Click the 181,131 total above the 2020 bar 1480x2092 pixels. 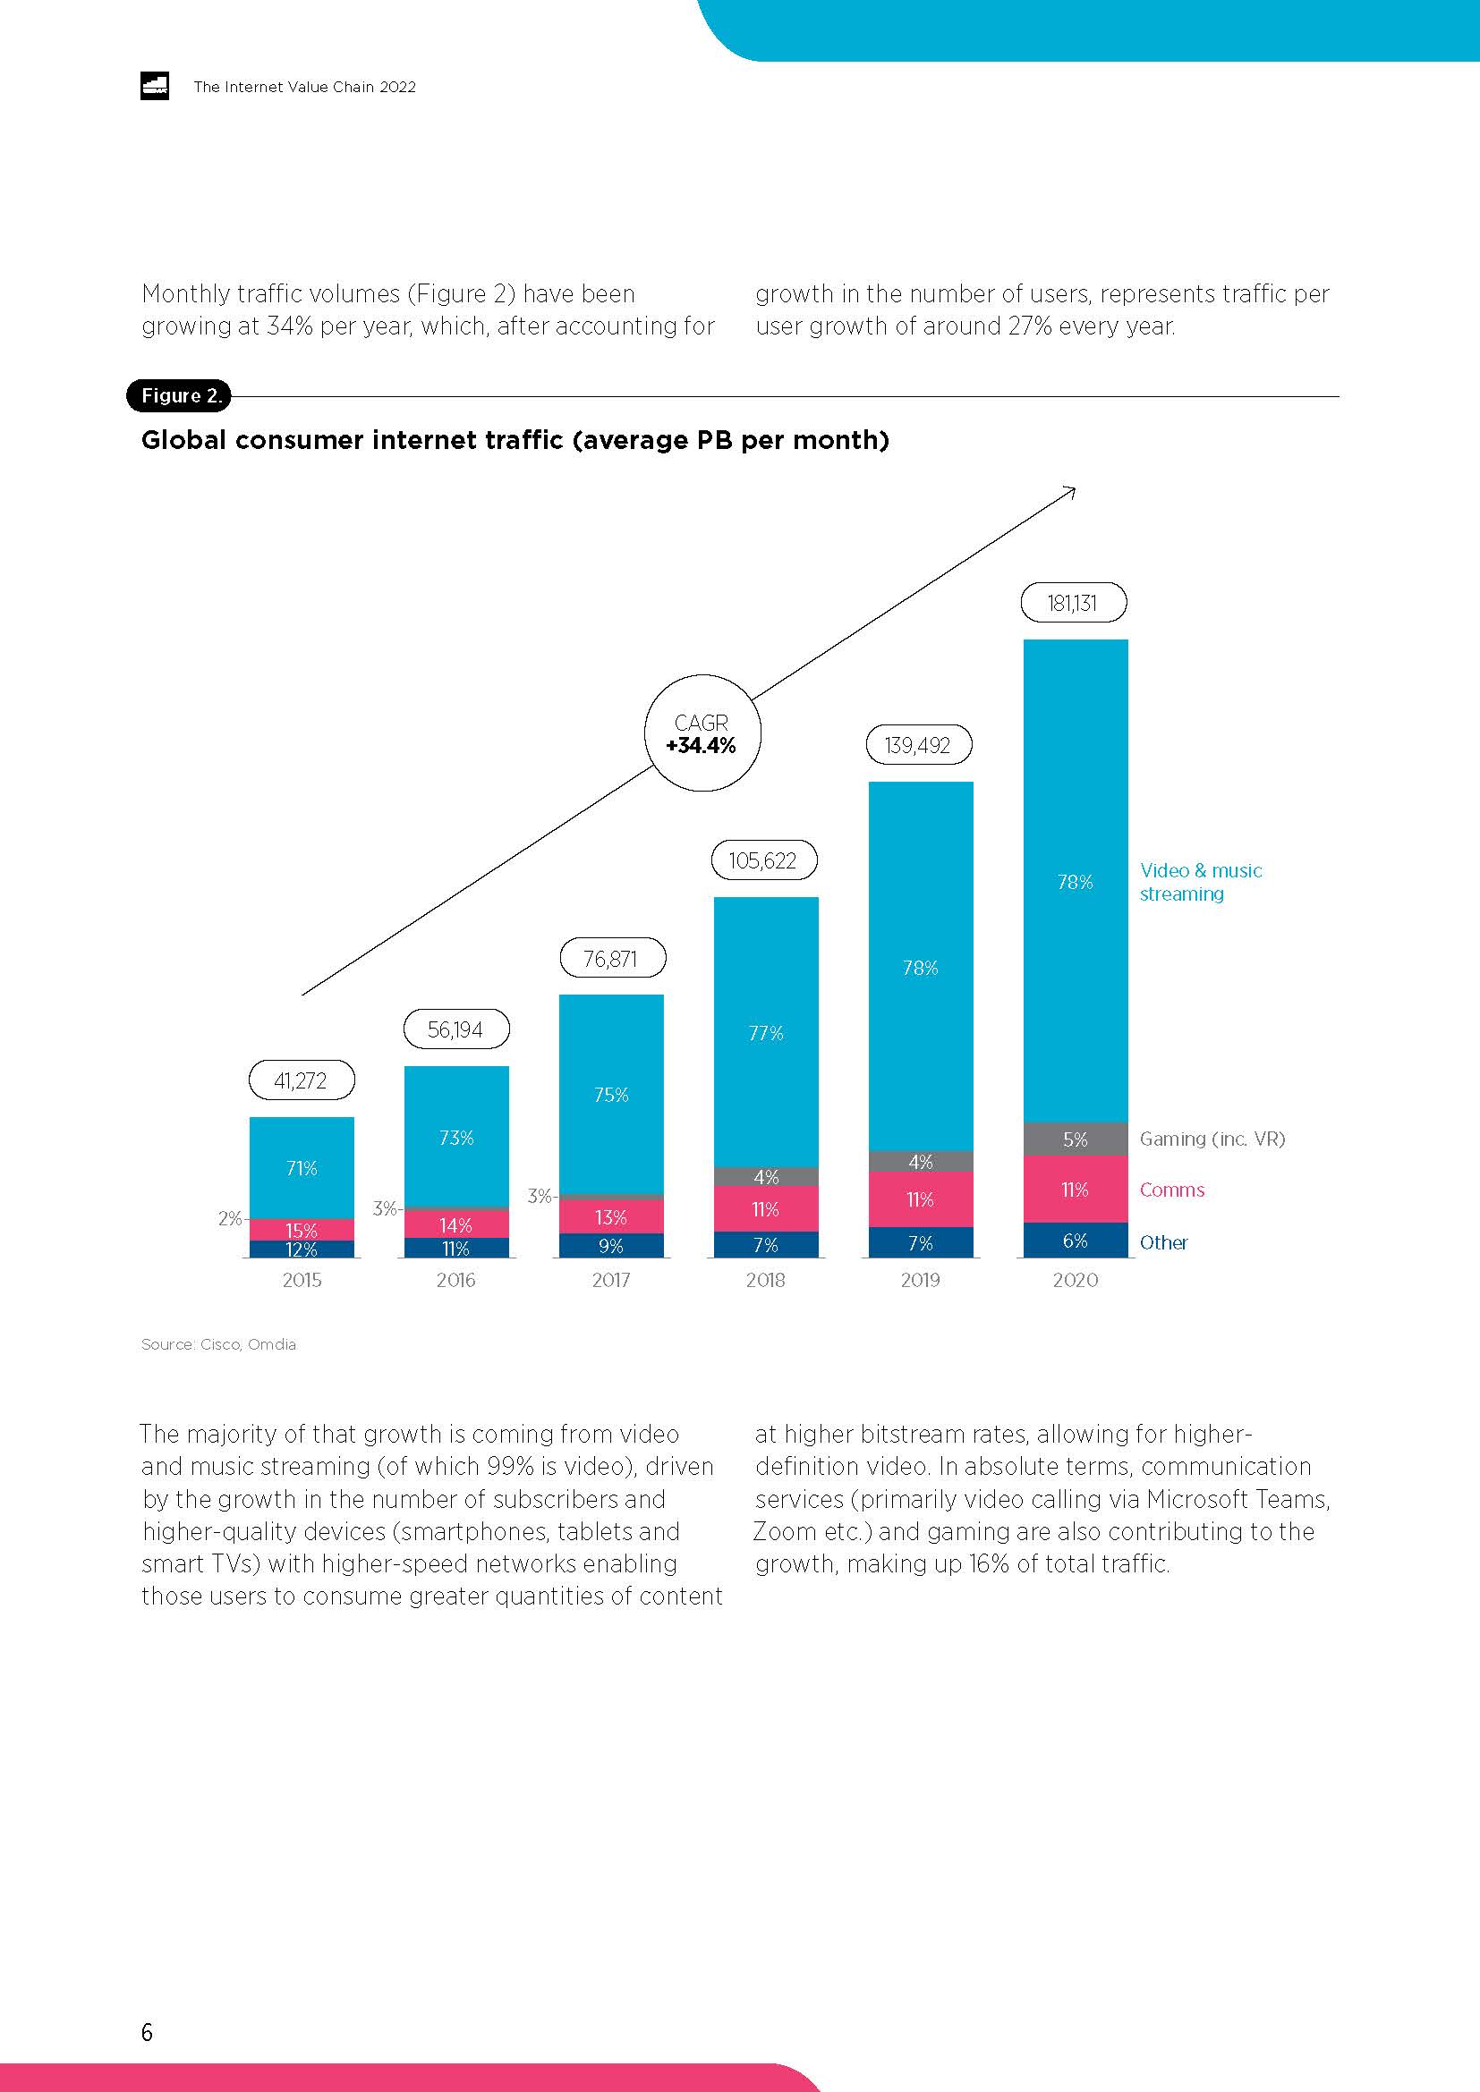[x=1073, y=603]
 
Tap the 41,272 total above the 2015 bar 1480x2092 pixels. [x=301, y=1080]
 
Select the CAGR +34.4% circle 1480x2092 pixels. [x=702, y=733]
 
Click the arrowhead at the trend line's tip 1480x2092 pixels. [x=1072, y=492]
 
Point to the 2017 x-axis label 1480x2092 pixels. [x=610, y=1280]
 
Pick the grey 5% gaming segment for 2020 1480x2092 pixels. [x=1076, y=1139]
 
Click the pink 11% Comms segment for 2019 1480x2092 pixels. [x=921, y=1200]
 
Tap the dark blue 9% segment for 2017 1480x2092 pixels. [x=610, y=1246]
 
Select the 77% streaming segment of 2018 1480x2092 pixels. [x=766, y=1032]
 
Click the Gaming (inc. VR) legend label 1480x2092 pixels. [x=1212, y=1139]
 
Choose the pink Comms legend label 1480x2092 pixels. [x=1172, y=1190]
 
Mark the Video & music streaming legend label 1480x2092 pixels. [x=1200, y=882]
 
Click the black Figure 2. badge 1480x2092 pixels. [x=180, y=395]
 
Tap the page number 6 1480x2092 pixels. [x=147, y=2032]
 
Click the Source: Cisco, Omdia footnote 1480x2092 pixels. [x=218, y=1344]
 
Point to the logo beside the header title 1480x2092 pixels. [x=155, y=87]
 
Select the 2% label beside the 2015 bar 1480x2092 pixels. [x=230, y=1218]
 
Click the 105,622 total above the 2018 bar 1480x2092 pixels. [x=762, y=861]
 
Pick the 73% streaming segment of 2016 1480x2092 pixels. [x=455, y=1137]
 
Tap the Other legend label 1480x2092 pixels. [x=1164, y=1243]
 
